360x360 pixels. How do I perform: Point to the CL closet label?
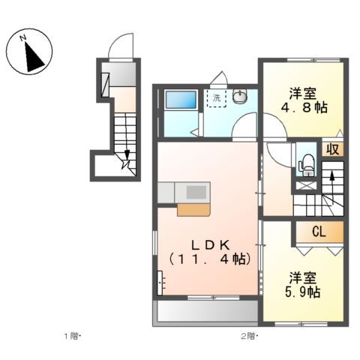319,232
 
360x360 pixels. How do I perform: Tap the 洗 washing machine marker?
217,98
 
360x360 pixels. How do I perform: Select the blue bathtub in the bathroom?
179,100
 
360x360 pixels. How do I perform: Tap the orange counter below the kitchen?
193,210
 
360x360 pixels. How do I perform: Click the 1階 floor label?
70,335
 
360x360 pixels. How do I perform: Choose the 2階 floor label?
249,335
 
